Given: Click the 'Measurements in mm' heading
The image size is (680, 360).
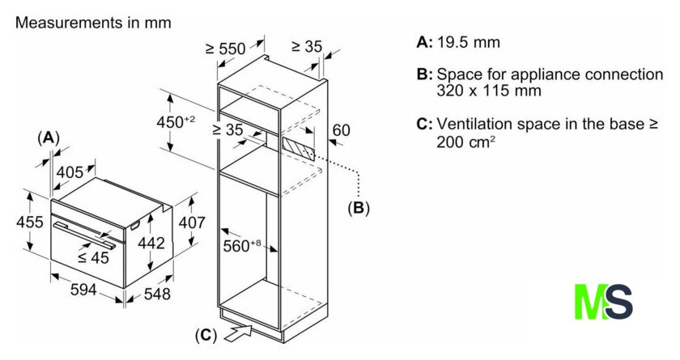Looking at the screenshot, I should pyautogui.click(x=93, y=23).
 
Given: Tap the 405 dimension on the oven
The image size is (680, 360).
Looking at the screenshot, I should pyautogui.click(x=70, y=171).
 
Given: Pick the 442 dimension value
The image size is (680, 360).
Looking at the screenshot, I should pyautogui.click(x=151, y=242).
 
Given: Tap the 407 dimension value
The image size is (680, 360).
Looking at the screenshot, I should pyautogui.click(x=191, y=222).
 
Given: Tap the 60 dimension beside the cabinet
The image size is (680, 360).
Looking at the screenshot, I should pyautogui.click(x=341, y=129).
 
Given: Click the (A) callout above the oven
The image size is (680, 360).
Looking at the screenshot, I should pyautogui.click(x=49, y=138).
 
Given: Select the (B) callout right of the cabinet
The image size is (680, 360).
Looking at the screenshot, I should pyautogui.click(x=358, y=208).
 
